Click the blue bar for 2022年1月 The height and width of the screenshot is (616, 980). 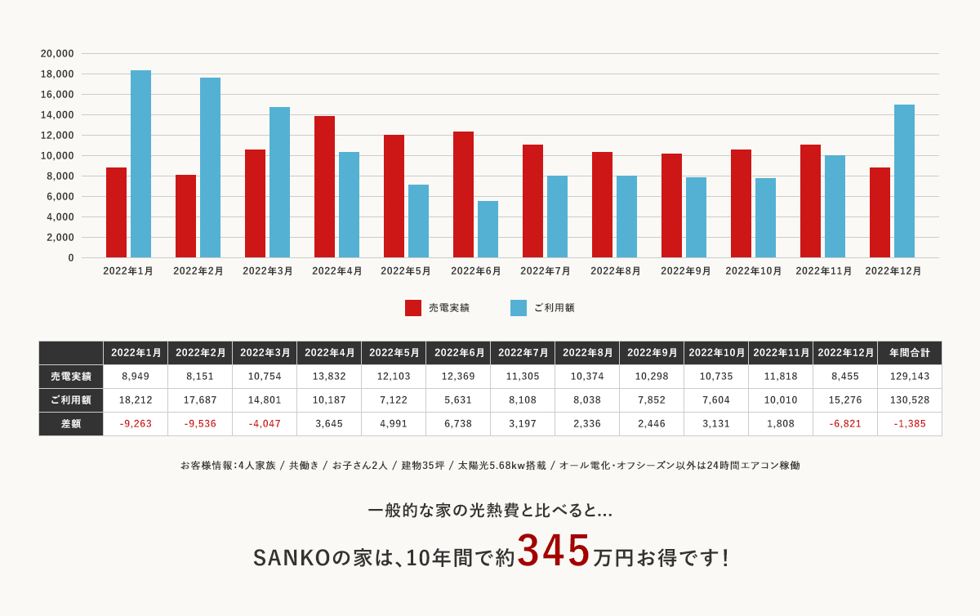[x=140, y=163]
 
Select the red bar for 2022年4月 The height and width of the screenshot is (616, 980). [x=324, y=186]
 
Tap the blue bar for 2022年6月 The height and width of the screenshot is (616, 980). [x=488, y=229]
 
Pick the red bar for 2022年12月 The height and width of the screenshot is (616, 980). [x=880, y=212]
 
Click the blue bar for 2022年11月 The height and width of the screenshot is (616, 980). [x=835, y=206]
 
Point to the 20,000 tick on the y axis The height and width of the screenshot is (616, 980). [x=57, y=54]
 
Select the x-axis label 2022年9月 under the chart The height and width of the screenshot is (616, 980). [x=685, y=271]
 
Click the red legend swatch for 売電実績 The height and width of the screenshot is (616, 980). [x=413, y=308]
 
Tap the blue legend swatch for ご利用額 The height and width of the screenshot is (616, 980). [x=519, y=308]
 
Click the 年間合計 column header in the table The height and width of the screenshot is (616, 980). [x=909, y=353]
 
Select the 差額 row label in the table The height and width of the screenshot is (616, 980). [x=71, y=424]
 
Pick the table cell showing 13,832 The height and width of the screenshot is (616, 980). [x=329, y=377]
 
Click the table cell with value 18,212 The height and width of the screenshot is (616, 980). [x=136, y=400]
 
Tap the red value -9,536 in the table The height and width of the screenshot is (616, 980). [x=200, y=424]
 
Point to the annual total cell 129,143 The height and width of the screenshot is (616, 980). [x=909, y=377]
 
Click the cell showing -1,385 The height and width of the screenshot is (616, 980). [x=909, y=424]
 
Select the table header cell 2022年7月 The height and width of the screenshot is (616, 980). [x=523, y=353]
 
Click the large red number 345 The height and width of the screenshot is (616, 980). [x=554, y=551]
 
